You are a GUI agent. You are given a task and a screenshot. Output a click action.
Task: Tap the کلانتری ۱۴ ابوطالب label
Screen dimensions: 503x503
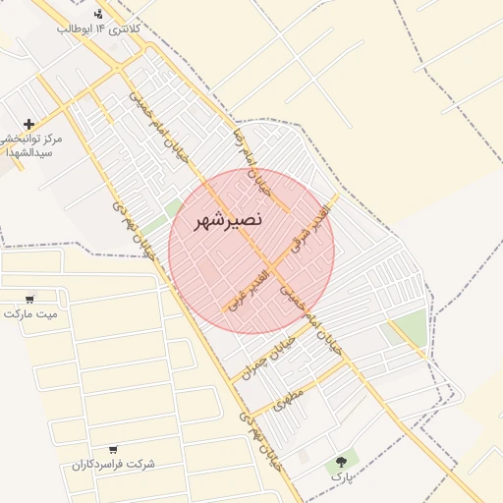pos(98,30)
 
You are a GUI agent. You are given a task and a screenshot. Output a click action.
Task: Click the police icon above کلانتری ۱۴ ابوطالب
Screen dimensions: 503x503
pos(98,14)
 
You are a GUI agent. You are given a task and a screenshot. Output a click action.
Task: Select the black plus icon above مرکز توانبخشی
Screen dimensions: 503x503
pos(29,124)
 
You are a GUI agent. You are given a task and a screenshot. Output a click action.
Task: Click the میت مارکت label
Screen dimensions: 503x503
pos(30,314)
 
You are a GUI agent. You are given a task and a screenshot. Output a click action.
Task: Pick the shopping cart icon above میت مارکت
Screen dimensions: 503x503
pos(30,299)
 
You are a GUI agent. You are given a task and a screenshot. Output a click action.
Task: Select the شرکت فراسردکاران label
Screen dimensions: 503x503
pos(115,464)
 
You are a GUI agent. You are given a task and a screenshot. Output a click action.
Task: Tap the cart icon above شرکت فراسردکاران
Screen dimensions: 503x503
pos(115,448)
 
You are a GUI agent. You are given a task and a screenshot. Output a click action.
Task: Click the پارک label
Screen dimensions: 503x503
pos(341,476)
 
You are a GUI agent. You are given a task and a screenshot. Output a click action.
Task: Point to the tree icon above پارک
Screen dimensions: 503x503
pos(341,460)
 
